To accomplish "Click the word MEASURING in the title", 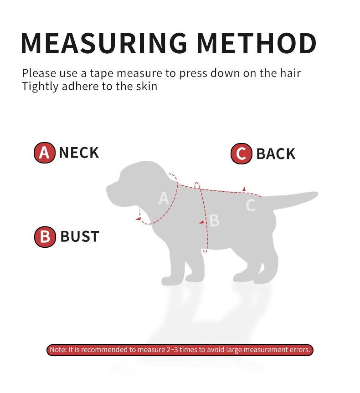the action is pos(104,43).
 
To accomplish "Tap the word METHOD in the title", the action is pos(257,43).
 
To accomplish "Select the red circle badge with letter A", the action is pos(44,153).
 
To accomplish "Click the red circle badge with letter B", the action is pos(45,237).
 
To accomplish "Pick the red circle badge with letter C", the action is pos(242,153).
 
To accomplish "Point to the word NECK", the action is pos(79,153).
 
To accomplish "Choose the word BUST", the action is pos(80,237).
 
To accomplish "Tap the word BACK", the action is pos(276,154).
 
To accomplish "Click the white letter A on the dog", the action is pos(164,198).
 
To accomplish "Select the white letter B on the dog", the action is pos(214,220).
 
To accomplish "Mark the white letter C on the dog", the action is pos(251,205).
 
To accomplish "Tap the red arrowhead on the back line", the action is pos(244,189).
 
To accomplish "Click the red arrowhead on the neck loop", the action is pos(138,219).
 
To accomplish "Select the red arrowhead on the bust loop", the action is pos(202,222).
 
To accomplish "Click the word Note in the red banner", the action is pos(58,350).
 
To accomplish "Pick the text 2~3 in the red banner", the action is pos(172,350).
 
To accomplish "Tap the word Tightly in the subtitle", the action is pos(40,87).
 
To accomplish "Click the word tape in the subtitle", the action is pos(102,74).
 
